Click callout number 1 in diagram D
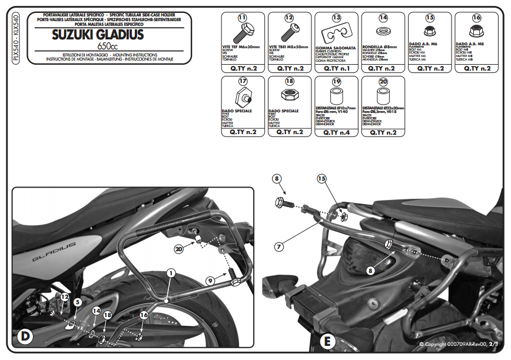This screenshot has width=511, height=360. [171, 273]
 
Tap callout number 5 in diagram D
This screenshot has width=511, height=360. [77, 302]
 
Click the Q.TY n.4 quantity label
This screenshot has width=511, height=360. [337, 132]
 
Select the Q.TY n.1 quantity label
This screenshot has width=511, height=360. [337, 68]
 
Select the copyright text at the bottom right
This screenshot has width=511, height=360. [460, 344]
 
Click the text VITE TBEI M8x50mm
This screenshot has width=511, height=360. [290, 46]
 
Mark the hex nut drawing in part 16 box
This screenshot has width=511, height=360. [476, 29]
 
